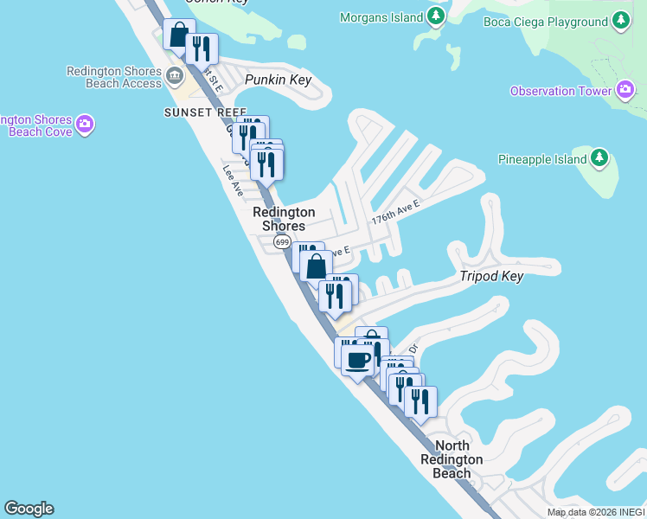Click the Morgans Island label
[381, 17]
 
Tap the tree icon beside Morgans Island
[437, 16]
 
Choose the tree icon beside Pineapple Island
[599, 158]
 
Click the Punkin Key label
[277, 80]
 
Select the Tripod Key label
[491, 276]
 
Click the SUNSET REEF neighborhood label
[205, 112]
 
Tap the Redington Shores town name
[284, 219]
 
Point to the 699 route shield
[282, 242]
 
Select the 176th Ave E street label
[395, 212]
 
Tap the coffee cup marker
[356, 361]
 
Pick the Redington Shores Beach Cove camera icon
[85, 125]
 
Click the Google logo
[29, 509]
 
